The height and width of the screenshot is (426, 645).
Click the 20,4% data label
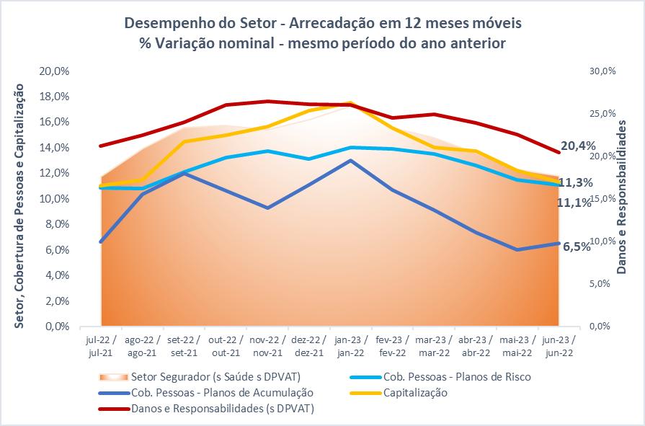point(577,146)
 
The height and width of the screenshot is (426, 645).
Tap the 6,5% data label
point(577,247)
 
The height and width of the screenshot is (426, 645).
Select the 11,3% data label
point(576,182)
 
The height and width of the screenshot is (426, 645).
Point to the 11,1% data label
point(574,203)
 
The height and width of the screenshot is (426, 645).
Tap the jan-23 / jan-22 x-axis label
point(350,345)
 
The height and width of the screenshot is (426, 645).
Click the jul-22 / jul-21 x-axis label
point(101,345)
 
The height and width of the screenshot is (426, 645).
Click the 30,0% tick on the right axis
point(603,71)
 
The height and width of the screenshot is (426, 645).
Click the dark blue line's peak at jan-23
point(350,160)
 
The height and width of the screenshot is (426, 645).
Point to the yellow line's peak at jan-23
point(350,103)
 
